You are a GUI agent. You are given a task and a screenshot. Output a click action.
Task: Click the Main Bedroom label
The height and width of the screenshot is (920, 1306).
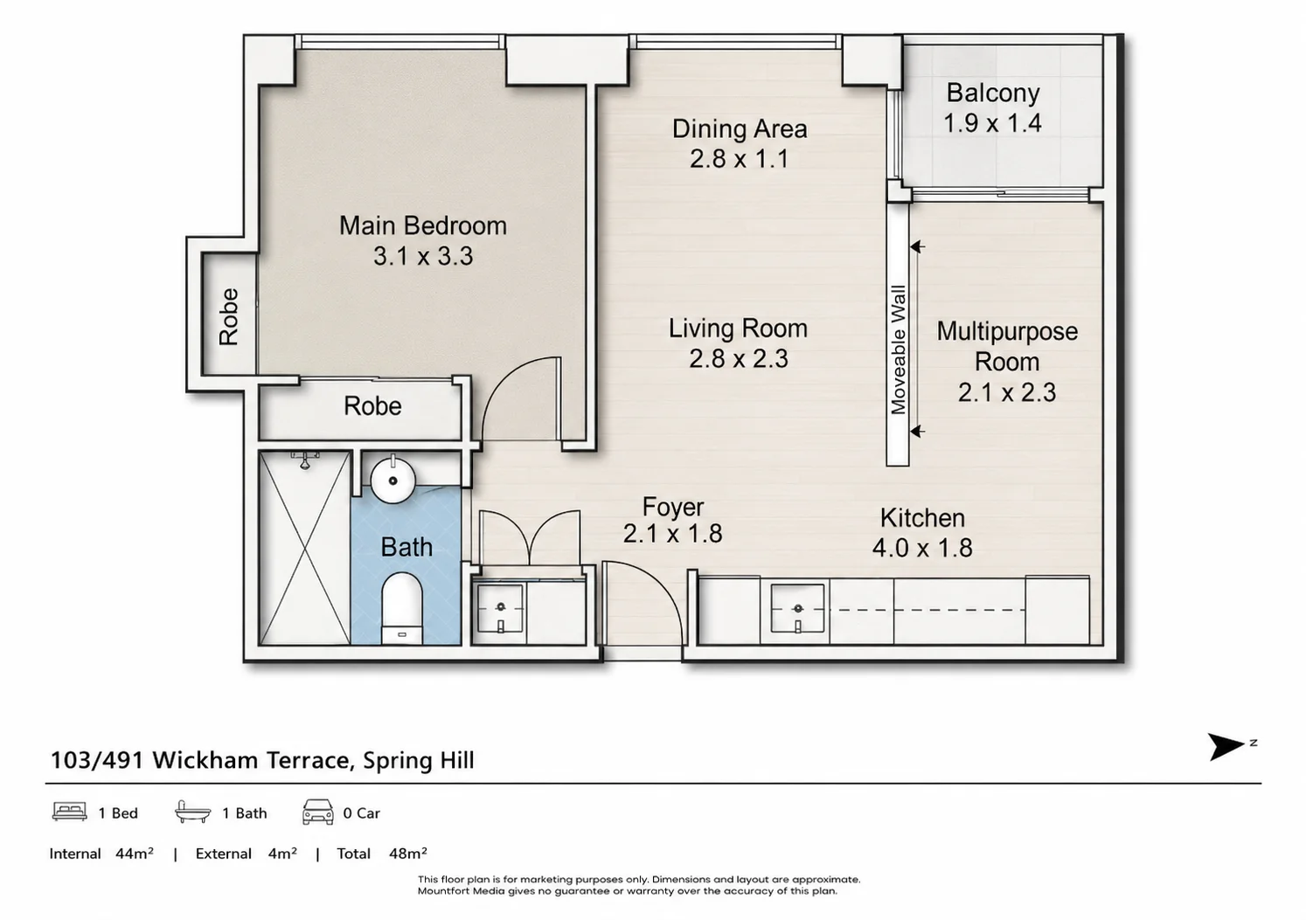(x=423, y=226)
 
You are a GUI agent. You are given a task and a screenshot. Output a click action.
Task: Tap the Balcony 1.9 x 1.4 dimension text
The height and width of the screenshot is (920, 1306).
(x=992, y=123)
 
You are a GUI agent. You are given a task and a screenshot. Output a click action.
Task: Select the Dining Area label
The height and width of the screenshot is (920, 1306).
(x=740, y=128)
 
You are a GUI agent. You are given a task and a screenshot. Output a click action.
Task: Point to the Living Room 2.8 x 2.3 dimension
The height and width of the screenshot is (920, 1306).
(x=738, y=358)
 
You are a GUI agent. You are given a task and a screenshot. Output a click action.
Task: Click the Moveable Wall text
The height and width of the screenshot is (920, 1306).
(x=899, y=349)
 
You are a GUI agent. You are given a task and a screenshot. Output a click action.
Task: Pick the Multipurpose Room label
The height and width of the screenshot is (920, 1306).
(x=1007, y=346)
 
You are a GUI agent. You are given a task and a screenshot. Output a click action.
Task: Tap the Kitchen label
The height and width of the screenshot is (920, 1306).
(x=922, y=517)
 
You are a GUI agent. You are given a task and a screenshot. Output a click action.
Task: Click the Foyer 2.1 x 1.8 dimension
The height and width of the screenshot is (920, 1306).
(x=672, y=534)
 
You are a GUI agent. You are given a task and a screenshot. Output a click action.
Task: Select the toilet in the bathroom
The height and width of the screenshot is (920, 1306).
(x=402, y=608)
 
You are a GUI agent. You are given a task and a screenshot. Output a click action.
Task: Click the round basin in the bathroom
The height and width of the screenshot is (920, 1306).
(x=393, y=481)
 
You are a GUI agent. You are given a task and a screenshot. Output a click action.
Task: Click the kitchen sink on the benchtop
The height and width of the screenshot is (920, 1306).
(x=797, y=609)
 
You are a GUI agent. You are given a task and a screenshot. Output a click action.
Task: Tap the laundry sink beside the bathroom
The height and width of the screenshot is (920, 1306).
(x=500, y=609)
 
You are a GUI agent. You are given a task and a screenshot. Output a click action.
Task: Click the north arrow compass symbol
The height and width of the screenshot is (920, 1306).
(x=1226, y=746)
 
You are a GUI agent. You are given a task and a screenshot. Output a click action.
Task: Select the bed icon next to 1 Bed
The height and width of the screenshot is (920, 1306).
(x=69, y=812)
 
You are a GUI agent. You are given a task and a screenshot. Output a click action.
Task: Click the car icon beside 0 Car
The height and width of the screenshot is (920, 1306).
(x=317, y=812)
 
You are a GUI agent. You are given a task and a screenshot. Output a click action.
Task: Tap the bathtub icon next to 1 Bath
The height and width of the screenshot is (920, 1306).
(x=193, y=812)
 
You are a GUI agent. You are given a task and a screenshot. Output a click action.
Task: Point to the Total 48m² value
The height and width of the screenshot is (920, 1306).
(x=407, y=854)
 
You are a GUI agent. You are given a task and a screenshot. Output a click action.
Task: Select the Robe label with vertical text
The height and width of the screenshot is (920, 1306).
(x=228, y=316)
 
